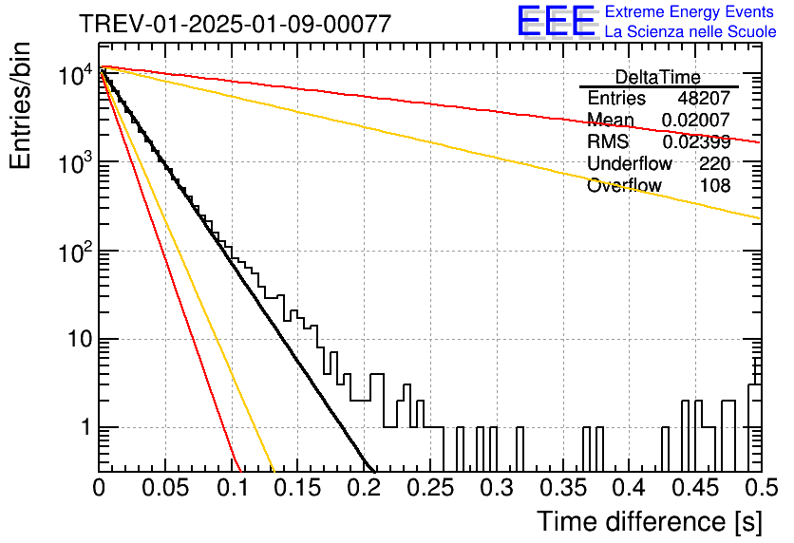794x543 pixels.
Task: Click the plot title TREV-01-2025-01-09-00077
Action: coord(235,24)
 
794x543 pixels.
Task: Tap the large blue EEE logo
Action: coord(557,21)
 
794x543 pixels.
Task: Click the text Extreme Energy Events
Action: coord(690,11)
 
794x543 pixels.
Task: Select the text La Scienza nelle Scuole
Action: coord(690,31)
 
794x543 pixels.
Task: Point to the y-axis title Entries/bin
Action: coord(21,105)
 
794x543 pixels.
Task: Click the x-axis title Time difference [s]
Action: coord(650,521)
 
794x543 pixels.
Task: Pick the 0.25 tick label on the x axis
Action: coord(430,488)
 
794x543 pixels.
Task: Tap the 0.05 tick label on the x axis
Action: coord(165,488)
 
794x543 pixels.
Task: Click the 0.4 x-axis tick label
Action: coord(630,488)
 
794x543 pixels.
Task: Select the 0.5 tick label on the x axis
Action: coord(762,488)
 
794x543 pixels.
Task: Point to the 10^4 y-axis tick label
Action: coord(75,75)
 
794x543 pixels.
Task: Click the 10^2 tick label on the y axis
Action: coord(75,252)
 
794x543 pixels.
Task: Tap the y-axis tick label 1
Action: coord(85,427)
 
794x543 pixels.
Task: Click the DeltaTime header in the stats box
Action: coord(658,77)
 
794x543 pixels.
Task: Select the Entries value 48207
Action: coord(704,98)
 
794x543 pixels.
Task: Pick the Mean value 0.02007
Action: coord(696,120)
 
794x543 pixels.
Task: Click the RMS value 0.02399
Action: coord(696,141)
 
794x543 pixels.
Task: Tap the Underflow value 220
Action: coord(715,163)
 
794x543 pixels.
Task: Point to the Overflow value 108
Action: coord(715,186)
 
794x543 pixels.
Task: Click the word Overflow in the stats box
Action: coord(624,186)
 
